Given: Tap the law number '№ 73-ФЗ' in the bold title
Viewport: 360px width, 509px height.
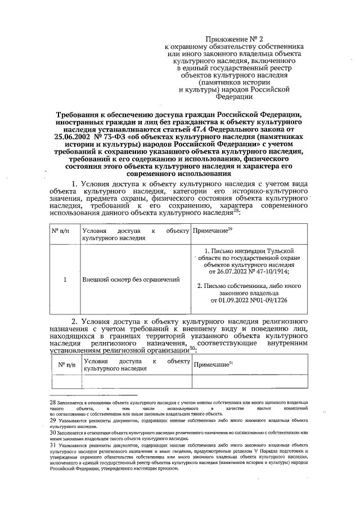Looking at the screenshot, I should (x=108, y=136).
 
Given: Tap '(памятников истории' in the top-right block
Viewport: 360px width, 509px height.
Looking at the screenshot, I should (x=233, y=80).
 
